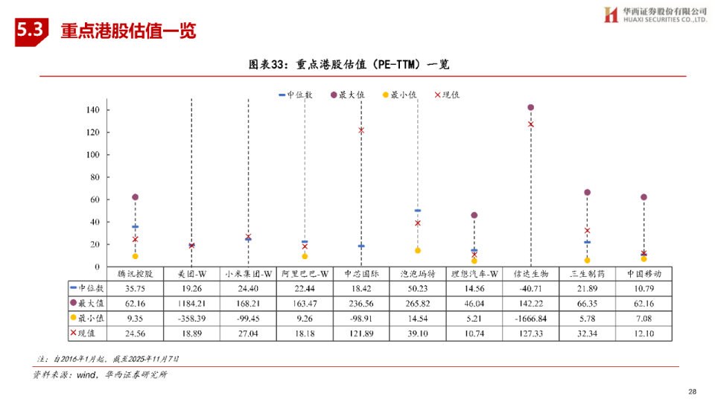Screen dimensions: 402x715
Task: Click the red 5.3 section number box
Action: coord(31,31)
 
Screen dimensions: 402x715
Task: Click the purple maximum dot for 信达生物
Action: coord(530,108)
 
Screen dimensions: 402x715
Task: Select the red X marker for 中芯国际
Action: coord(361,130)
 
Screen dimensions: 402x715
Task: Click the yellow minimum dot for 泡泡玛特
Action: coord(418,250)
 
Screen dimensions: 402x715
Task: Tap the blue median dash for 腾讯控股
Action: coord(135,226)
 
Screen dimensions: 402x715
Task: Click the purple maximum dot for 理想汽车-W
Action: coord(474,215)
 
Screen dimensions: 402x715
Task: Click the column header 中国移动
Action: coord(643,274)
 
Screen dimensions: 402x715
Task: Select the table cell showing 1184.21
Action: coord(191,304)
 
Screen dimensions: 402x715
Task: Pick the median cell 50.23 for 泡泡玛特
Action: coord(418,288)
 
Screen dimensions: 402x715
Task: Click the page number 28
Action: coord(692,392)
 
